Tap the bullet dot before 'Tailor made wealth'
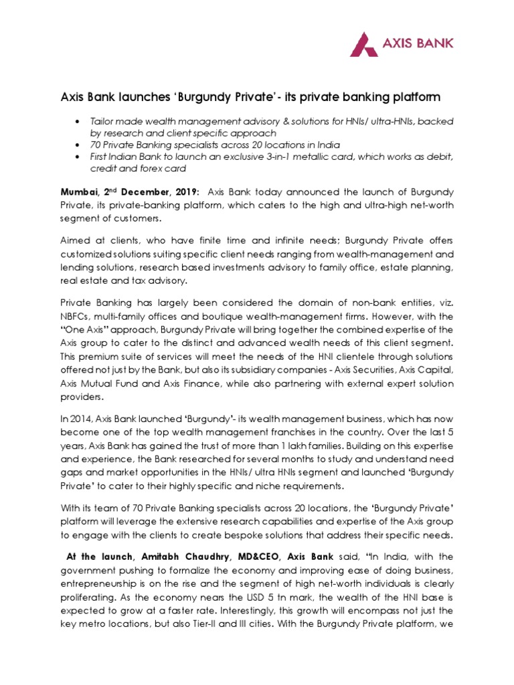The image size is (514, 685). [79, 121]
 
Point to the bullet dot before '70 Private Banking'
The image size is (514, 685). [79, 144]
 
